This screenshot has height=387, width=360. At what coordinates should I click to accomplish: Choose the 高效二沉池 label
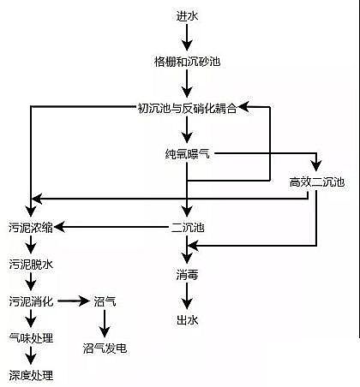click(317, 182)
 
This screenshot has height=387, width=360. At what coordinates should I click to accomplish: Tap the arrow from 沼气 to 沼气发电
click(105, 324)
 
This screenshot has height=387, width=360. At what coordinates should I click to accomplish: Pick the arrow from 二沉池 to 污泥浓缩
click(111, 227)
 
